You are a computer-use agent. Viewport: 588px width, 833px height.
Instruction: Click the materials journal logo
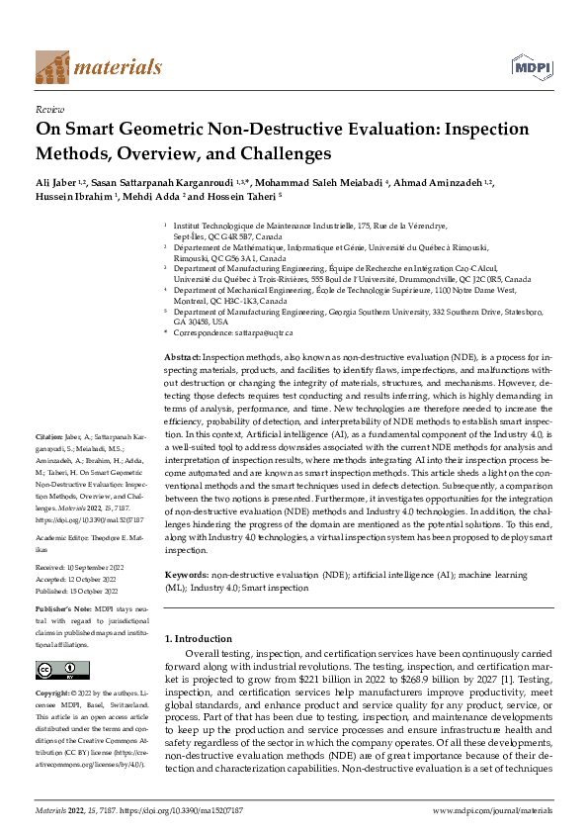(98, 66)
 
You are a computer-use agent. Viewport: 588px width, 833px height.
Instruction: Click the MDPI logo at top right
(530, 66)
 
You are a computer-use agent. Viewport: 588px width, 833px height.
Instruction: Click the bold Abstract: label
(183, 353)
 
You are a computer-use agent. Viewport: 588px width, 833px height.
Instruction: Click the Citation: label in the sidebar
(50, 435)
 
